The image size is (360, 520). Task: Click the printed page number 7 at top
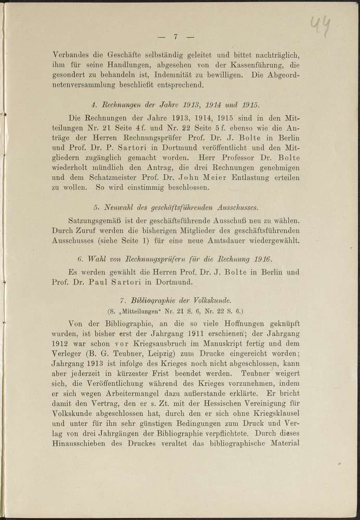(176, 36)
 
